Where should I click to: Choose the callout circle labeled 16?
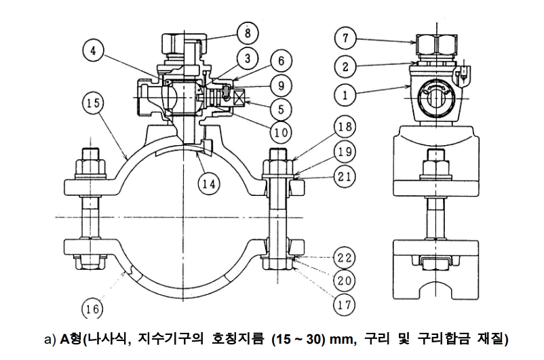[94, 310]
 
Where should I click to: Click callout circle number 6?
[279, 60]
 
